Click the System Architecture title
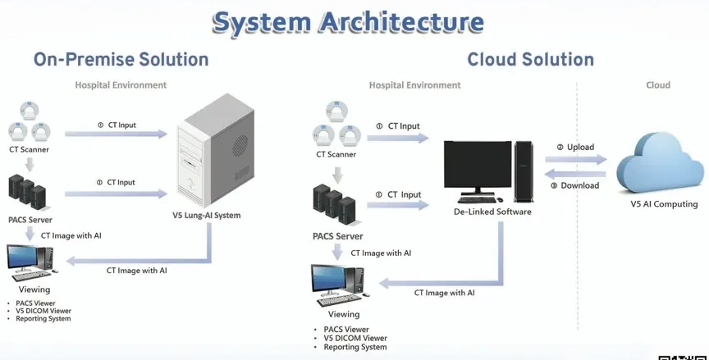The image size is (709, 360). tap(347, 22)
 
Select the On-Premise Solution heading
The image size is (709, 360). tap(121, 59)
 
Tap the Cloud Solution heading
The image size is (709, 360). tap(530, 59)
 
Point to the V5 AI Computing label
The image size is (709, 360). tap(664, 204)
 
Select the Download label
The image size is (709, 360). tap(579, 185)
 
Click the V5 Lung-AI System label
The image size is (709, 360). tap(212, 216)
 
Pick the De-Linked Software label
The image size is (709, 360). tap(492, 212)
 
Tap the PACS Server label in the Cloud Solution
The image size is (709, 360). tap(337, 237)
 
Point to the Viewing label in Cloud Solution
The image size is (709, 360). tap(344, 314)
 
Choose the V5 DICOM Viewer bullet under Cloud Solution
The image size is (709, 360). tap(354, 338)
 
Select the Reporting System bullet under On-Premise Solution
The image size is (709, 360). tap(43, 318)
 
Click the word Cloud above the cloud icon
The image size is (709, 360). tap(658, 84)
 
